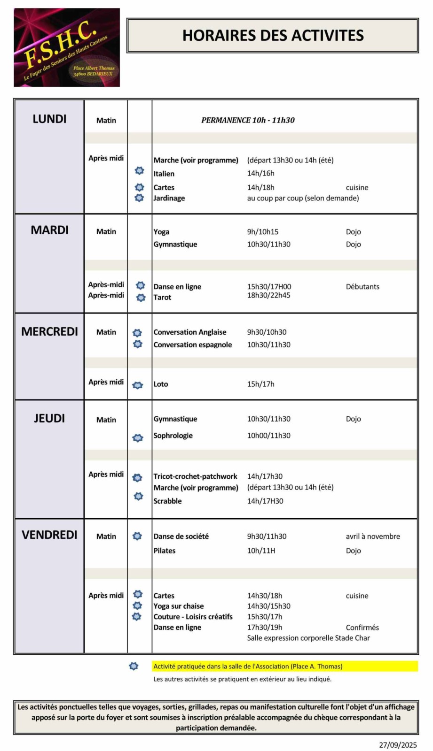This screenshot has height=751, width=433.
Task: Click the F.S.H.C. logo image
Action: tap(67, 47)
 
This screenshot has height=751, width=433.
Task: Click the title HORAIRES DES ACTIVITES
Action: tap(273, 36)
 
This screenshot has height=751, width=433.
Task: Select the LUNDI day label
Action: tap(49, 119)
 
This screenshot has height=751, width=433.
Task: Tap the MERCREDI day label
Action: tap(49, 332)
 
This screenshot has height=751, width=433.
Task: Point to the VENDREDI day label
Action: tap(49, 535)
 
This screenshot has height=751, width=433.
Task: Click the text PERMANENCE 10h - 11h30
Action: tap(248, 120)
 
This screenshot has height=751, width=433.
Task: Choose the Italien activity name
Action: tap(164, 174)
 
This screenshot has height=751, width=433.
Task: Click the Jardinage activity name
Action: tap(169, 198)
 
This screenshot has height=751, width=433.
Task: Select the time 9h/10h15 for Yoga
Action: tap(262, 232)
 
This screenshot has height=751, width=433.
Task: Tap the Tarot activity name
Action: tap(162, 298)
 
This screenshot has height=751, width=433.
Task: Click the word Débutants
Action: tap(362, 287)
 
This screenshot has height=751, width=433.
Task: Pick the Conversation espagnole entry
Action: tap(192, 345)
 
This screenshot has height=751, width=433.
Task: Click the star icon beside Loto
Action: tap(138, 385)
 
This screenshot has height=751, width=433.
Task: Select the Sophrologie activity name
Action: tap(173, 436)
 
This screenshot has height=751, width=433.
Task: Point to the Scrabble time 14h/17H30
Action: tap(265, 501)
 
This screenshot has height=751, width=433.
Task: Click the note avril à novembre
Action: tap(373, 536)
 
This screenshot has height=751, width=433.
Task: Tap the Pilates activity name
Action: tap(164, 551)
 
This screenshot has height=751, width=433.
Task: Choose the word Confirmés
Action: tap(362, 628)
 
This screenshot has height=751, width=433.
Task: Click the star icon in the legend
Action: tap(134, 667)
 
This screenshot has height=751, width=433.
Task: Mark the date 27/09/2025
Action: tap(398, 745)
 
